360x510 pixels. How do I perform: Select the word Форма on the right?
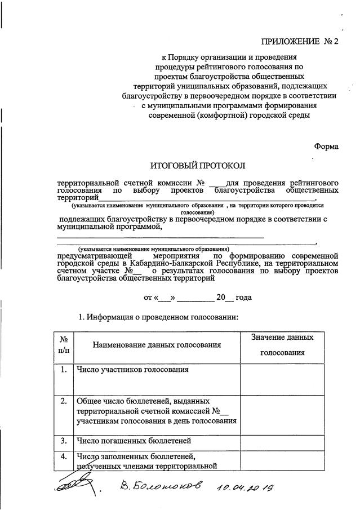click(326, 146)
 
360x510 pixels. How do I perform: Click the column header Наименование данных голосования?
click(157, 344)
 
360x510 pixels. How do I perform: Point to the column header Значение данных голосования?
click(282, 344)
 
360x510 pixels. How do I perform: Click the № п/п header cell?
click(64, 344)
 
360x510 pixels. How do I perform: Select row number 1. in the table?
click(64, 370)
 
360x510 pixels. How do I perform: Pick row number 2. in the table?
click(64, 401)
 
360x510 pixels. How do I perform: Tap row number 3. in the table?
click(64, 440)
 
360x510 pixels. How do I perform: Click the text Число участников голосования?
click(132, 370)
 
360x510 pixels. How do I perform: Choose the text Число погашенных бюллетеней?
click(134, 440)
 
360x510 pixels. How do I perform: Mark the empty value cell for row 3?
click(282, 440)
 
